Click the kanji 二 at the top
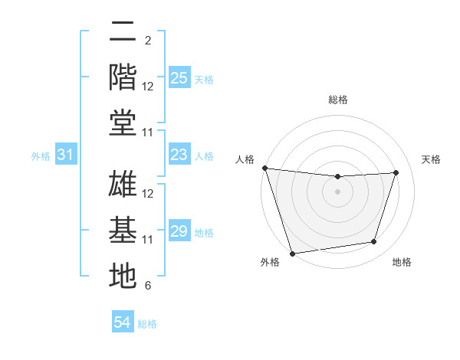point(123,31)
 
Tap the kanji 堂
point(123,122)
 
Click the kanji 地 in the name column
point(123,276)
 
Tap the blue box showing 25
point(179,78)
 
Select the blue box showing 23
point(179,155)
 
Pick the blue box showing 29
point(179,231)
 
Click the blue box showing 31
point(65,155)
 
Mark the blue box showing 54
point(122,322)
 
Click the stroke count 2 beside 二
point(148,40)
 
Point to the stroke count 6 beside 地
point(148,286)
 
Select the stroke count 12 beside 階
point(148,87)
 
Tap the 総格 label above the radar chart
point(337,100)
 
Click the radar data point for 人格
point(264,168)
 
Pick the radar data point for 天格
point(396,172)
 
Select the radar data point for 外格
point(292,253)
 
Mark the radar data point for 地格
point(374,242)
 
